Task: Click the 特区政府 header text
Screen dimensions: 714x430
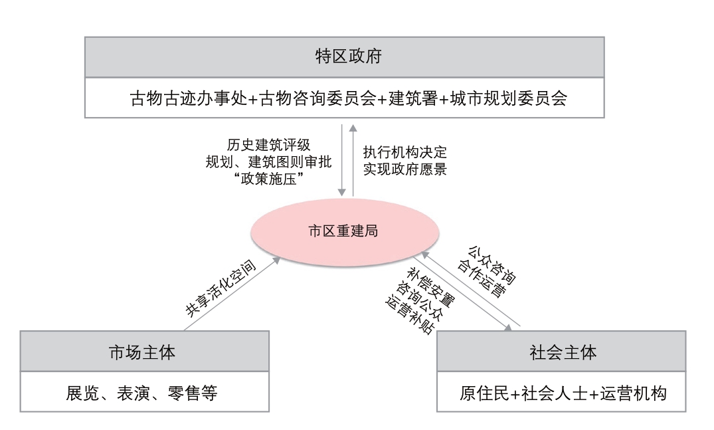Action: [x=348, y=56]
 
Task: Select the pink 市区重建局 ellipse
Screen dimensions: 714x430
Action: [x=345, y=232]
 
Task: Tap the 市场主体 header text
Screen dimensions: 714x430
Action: [x=143, y=352]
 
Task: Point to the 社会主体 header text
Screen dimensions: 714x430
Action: [x=563, y=352]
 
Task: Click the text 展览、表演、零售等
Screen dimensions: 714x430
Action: [x=141, y=393]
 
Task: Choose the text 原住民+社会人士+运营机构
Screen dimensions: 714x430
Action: [x=563, y=393]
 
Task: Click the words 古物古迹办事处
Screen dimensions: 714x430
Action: [x=188, y=98]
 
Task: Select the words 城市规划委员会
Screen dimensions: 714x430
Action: [x=509, y=98]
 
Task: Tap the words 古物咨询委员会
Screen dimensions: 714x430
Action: [x=317, y=98]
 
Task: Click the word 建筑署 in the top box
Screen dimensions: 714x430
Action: [x=413, y=98]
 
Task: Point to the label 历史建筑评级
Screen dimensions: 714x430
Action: [x=268, y=145]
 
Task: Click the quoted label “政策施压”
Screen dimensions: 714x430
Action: [x=268, y=179]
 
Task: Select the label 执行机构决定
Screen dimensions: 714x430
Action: [x=404, y=152]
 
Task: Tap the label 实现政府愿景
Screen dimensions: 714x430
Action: [x=404, y=169]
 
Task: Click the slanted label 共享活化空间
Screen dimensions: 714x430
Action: [x=221, y=288]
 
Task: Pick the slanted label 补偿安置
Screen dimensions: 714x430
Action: [x=431, y=287]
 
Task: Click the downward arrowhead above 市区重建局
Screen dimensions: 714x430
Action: [x=342, y=193]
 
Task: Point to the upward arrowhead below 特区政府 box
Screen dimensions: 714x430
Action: [x=353, y=128]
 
